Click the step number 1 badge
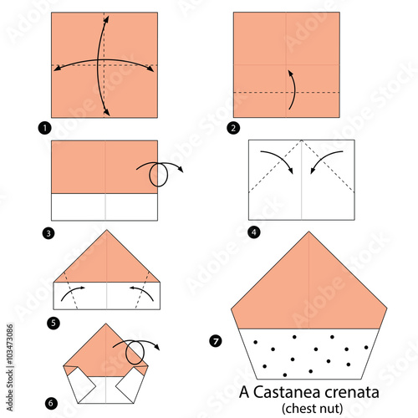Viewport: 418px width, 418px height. click(x=44, y=128)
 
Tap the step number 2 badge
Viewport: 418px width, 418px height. click(x=233, y=128)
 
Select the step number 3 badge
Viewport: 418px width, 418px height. click(x=48, y=233)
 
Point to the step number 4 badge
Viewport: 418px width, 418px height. click(x=254, y=232)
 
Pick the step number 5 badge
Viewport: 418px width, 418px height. click(x=54, y=324)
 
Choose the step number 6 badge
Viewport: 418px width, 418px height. click(x=51, y=403)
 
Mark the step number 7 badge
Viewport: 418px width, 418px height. click(x=216, y=341)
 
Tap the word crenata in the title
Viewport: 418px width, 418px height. click(x=352, y=393)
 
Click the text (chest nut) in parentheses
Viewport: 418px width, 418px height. click(x=312, y=409)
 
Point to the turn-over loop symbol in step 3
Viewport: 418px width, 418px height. click(x=160, y=173)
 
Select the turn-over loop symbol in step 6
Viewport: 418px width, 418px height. click(x=135, y=351)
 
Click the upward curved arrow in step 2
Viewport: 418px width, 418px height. click(x=294, y=89)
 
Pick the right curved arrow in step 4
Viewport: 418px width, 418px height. click(x=323, y=159)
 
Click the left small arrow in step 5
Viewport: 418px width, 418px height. click(x=70, y=291)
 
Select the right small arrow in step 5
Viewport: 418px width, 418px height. click(x=144, y=291)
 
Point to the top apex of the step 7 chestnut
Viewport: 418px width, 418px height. click(x=308, y=232)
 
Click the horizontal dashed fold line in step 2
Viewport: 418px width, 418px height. click(x=287, y=92)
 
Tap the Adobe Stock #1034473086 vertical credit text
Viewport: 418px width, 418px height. click(x=10, y=368)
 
